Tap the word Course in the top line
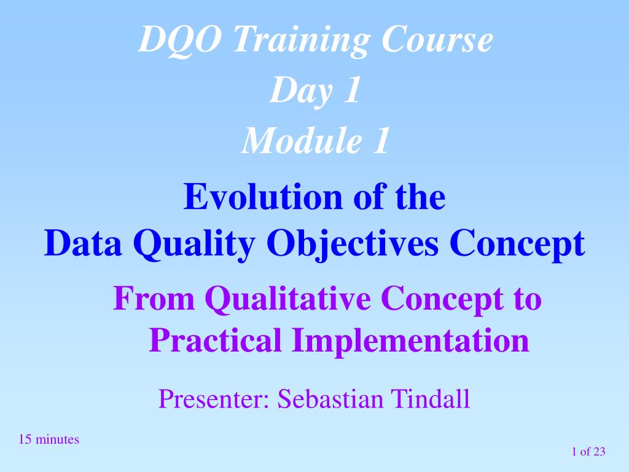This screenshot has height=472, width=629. point(437,39)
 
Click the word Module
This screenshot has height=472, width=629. point(301,140)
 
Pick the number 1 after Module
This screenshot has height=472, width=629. point(380,141)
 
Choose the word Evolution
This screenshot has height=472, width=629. point(263,196)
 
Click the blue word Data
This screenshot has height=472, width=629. point(83,243)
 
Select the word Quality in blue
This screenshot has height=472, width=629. point(194,245)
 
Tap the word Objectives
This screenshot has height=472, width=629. point(352,245)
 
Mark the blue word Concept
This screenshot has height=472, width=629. point(517,245)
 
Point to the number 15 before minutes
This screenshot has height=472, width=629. point(25,439)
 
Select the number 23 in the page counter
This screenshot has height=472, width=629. point(599,452)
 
